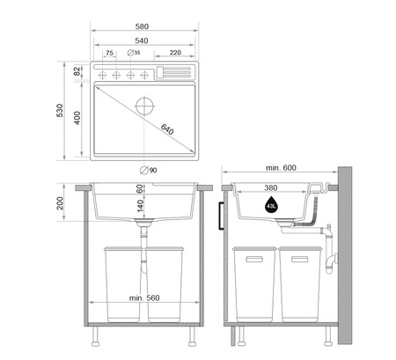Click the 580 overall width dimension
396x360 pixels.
(x=142, y=26)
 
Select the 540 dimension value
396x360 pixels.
(x=142, y=40)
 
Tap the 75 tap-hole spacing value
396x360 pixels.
(x=109, y=53)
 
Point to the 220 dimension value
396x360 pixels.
(x=175, y=53)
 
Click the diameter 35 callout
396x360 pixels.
(x=134, y=53)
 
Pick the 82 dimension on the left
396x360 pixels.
(x=77, y=70)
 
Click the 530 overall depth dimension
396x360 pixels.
(x=60, y=110)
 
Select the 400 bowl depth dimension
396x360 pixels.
(x=77, y=118)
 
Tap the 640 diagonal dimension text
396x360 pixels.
(x=167, y=129)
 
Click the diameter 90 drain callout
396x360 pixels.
(x=149, y=170)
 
